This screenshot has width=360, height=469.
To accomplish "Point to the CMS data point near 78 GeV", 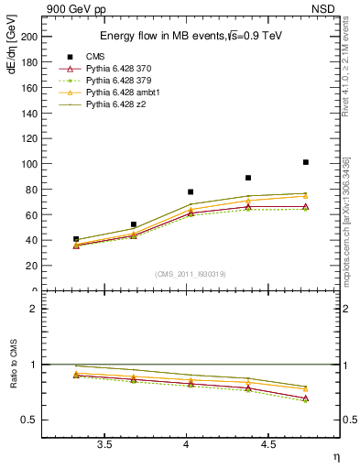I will click(x=191, y=192).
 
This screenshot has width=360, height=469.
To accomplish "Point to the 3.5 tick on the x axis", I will click(x=104, y=444).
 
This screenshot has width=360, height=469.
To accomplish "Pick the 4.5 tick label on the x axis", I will click(x=267, y=444).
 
